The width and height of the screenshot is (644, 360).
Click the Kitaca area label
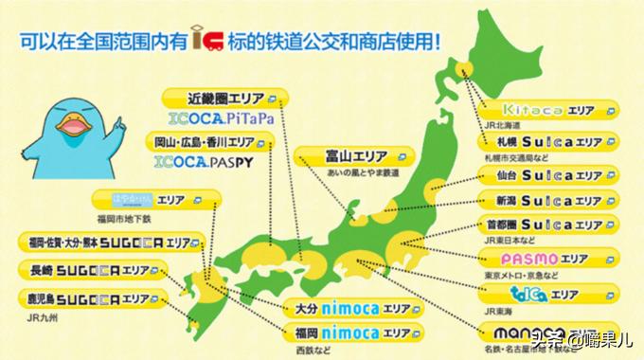click(x=541, y=110)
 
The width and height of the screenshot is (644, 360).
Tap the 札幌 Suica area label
click(x=541, y=141)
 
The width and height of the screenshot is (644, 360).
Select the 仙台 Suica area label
click(x=541, y=176)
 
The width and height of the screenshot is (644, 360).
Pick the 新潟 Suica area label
click(x=541, y=201)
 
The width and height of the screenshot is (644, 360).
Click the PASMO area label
click(x=541, y=258)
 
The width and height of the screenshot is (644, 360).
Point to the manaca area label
click(x=541, y=331)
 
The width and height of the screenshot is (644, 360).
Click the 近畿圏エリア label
click(x=217, y=98)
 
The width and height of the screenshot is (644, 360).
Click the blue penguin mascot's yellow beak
click(x=70, y=126)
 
